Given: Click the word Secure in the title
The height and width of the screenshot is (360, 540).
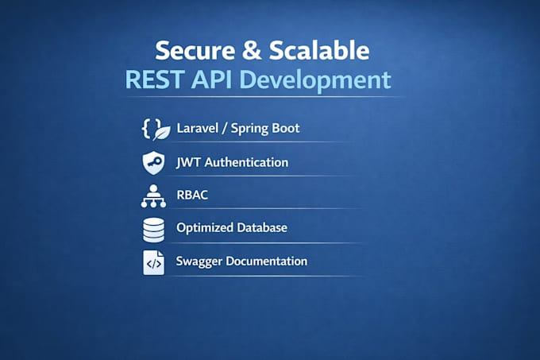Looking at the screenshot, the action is click(x=195, y=51).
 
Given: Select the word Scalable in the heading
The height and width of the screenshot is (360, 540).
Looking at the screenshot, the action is click(x=319, y=50).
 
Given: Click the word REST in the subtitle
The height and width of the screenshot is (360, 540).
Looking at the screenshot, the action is click(x=154, y=79).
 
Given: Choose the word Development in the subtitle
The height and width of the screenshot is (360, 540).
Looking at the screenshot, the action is click(x=315, y=81).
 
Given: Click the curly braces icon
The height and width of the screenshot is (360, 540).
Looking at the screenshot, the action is click(x=151, y=129).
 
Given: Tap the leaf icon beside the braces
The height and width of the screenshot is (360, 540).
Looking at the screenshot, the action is click(x=161, y=133).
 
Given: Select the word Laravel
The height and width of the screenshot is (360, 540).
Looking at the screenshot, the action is click(x=198, y=128).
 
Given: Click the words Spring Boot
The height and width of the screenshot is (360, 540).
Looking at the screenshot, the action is click(x=265, y=129).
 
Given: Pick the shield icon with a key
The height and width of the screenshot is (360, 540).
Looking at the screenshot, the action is click(x=153, y=163).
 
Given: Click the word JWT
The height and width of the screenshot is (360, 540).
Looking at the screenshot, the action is click(x=188, y=162).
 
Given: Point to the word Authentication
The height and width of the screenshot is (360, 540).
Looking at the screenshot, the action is click(x=247, y=162).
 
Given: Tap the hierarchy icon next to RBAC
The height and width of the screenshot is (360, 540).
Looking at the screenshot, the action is click(x=153, y=196).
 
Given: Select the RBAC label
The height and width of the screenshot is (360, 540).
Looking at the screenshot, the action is click(x=192, y=195).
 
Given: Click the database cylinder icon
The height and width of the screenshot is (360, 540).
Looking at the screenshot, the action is click(x=153, y=230).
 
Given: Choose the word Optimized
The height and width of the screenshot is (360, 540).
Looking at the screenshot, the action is click(x=205, y=228).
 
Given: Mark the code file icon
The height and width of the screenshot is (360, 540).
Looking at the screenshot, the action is click(x=153, y=262).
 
